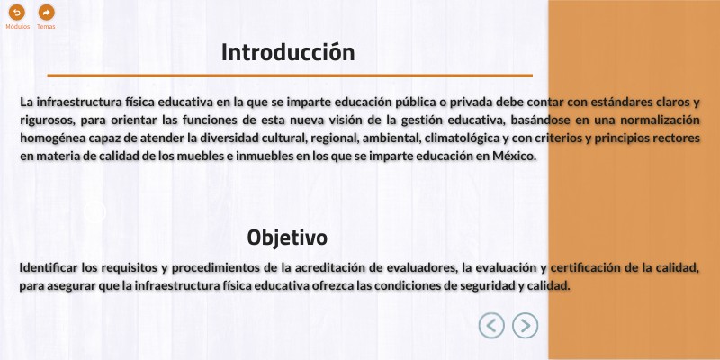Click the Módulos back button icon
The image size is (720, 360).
coord(17,13)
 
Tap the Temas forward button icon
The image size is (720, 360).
coord(46,13)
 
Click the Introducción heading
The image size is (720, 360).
coord(288,52)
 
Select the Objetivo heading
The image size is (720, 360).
coord(287,238)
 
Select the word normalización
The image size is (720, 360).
coord(654,120)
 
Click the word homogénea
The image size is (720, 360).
coord(49,138)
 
